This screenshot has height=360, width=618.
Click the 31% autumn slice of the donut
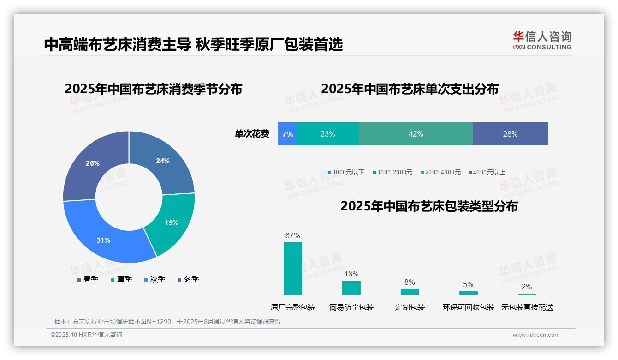tap(104, 240)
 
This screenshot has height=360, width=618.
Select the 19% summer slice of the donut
tap(171, 222)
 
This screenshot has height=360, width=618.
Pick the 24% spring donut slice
tap(162, 161)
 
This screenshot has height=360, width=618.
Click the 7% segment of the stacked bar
tap(287, 134)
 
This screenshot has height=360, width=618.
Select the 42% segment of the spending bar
tap(416, 134)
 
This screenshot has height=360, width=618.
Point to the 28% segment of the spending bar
tap(510, 134)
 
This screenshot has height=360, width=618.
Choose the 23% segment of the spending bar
tap(327, 134)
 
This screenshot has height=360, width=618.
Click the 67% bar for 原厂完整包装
tap(293, 269)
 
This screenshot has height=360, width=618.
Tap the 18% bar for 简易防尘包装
tap(351, 288)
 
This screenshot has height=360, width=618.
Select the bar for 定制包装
tap(410, 292)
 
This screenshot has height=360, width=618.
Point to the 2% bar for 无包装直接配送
tap(527, 294)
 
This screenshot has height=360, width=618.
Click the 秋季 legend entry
tap(154, 280)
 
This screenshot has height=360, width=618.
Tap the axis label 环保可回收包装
tap(469, 307)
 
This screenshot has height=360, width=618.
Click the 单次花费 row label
tap(252, 134)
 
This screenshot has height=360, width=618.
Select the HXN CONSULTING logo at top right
tap(542, 40)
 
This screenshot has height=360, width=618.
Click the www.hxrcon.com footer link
tap(536, 335)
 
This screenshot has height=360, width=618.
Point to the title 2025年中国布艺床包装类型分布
tap(429, 206)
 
